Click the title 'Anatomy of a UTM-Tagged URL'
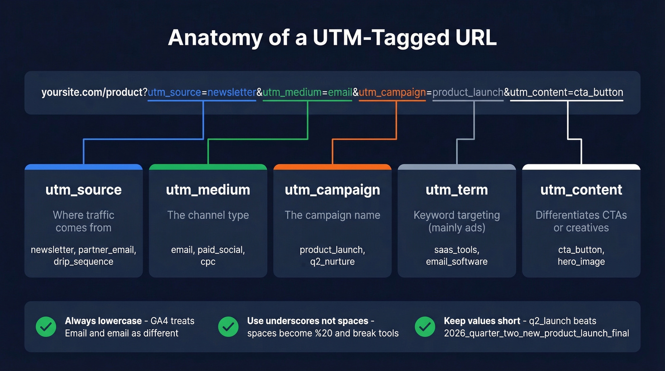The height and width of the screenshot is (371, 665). [x=332, y=38]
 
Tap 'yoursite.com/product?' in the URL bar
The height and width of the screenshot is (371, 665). [x=94, y=93]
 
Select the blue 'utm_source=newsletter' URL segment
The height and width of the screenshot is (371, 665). [x=202, y=93]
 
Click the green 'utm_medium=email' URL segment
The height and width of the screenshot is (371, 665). [x=307, y=93]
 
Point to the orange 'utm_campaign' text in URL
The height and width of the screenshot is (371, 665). [x=392, y=93]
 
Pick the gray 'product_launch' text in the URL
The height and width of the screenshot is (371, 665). [x=468, y=93]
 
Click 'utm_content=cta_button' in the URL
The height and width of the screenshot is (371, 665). [x=567, y=93]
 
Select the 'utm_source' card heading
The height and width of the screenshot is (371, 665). [x=84, y=190]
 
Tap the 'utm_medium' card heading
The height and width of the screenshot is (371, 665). [x=208, y=190]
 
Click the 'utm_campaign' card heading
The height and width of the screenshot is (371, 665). [x=332, y=190]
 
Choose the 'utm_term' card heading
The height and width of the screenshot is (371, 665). [x=456, y=190]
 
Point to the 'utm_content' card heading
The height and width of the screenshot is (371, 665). [x=581, y=190]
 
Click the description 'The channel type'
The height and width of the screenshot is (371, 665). [x=208, y=215]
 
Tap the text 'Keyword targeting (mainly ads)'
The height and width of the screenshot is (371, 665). [x=456, y=221]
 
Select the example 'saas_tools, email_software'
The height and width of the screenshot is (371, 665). [x=456, y=256]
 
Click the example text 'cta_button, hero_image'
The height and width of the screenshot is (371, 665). [x=581, y=256]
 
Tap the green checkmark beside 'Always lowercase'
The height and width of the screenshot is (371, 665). [x=46, y=327]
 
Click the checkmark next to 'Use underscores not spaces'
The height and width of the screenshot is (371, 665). [x=228, y=327]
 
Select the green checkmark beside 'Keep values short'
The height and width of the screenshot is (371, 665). [x=425, y=327]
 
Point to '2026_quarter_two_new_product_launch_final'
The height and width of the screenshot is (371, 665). [x=536, y=333]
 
